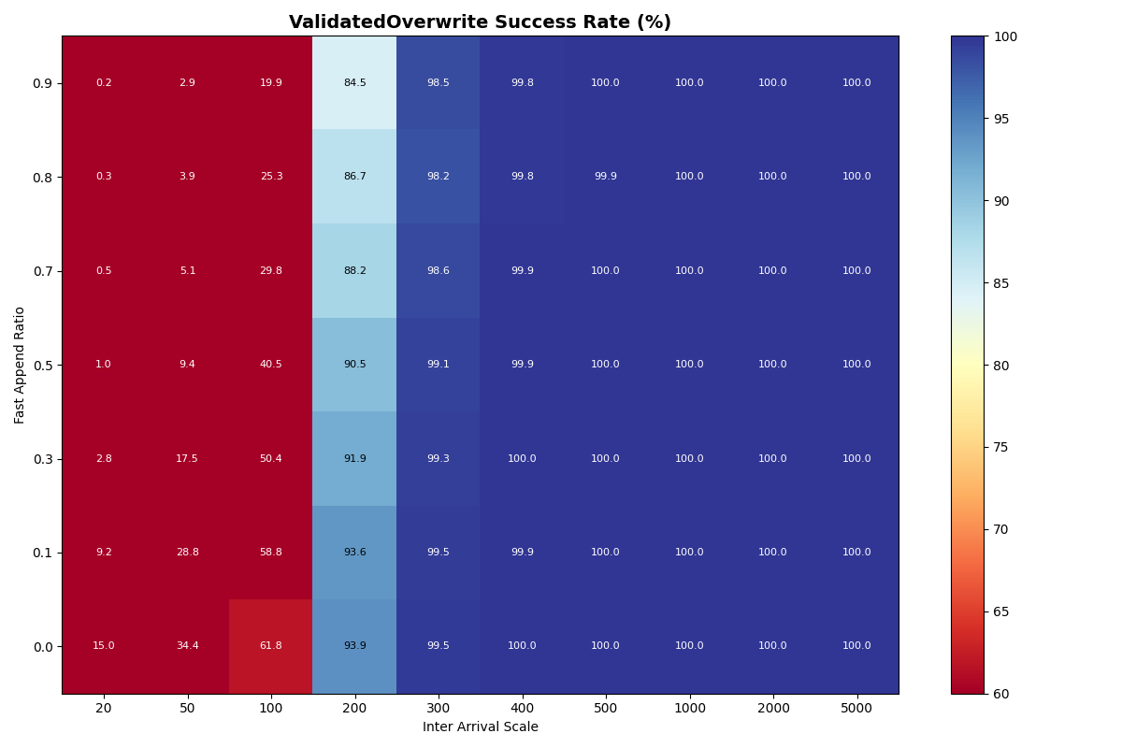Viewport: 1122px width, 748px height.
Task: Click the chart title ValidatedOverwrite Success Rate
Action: [x=480, y=22]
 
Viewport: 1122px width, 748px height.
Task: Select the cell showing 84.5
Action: [x=354, y=83]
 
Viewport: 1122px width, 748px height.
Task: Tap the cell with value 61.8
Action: [x=271, y=646]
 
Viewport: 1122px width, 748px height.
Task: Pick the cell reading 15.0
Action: [x=104, y=646]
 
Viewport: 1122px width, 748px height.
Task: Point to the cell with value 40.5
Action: [x=271, y=365]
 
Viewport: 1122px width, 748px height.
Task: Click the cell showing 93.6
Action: [x=354, y=553]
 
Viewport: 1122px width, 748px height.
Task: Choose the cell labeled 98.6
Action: [x=438, y=271]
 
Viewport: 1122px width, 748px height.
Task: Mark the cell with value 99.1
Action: [x=438, y=365]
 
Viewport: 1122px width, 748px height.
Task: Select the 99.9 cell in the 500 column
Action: [x=605, y=177]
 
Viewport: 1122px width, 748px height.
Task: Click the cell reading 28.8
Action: [x=187, y=553]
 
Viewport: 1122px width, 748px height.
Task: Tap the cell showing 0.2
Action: [x=104, y=83]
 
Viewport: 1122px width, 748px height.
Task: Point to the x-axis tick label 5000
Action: [x=856, y=709]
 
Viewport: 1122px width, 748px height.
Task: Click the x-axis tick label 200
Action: [x=354, y=709]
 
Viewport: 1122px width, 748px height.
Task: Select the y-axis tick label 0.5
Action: [x=41, y=365]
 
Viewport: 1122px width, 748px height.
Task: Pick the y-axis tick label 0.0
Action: [x=41, y=646]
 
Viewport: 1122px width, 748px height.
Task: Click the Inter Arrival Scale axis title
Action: [x=480, y=726]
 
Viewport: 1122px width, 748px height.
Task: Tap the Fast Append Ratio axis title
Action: [x=20, y=365]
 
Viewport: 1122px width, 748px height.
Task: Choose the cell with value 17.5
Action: [x=187, y=458]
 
